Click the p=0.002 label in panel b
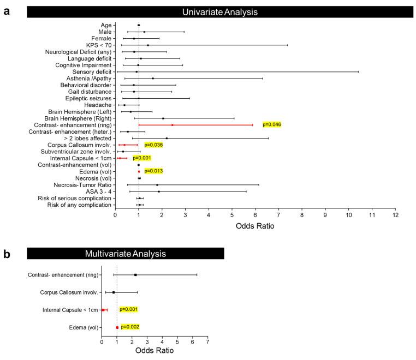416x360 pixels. [x=130, y=327]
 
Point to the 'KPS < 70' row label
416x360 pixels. [x=99, y=45]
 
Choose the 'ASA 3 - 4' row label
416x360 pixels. [x=98, y=191]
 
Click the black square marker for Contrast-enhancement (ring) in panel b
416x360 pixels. [x=135, y=275]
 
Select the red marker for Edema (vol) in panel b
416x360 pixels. [x=117, y=327]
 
